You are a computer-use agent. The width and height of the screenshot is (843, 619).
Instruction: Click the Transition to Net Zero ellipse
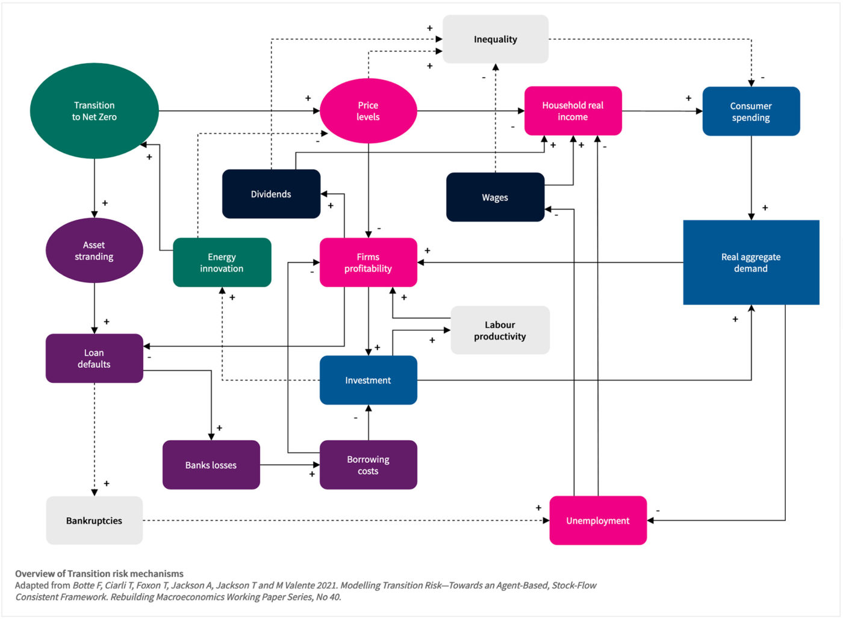coord(95,111)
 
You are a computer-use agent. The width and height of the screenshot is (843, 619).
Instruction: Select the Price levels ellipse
coord(368,111)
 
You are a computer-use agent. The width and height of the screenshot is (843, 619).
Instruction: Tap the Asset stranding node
coord(94,250)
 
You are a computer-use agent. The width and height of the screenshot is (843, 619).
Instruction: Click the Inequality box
coord(495,39)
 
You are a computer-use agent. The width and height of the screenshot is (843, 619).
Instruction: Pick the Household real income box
coord(573,111)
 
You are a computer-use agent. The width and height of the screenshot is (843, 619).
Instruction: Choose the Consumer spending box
coord(751,111)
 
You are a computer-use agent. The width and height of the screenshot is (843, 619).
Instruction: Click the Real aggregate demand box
coord(751,263)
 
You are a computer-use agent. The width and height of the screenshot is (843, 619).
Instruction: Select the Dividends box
coord(271,194)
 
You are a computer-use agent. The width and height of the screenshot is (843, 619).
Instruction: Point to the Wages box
coord(495,198)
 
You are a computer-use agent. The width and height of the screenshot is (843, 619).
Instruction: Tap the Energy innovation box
coord(222,263)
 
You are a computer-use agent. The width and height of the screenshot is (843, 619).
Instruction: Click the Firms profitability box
coord(368,263)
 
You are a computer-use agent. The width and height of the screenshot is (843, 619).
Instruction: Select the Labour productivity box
coord(500,330)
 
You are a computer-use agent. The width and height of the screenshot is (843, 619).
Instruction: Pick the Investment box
coord(368,380)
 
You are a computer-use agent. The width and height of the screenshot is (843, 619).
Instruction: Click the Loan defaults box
coord(94,358)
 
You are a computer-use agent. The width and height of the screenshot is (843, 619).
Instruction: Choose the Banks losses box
coord(211,465)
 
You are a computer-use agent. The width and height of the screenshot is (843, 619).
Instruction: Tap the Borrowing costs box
coord(368,465)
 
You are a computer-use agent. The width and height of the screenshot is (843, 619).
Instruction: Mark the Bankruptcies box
coord(94,520)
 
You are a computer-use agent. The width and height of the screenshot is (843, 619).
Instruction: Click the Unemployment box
coord(598,520)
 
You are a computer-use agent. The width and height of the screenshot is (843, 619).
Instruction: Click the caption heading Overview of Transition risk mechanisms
coord(99,573)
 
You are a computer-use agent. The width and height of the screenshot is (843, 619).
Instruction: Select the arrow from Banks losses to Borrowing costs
coord(289,465)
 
